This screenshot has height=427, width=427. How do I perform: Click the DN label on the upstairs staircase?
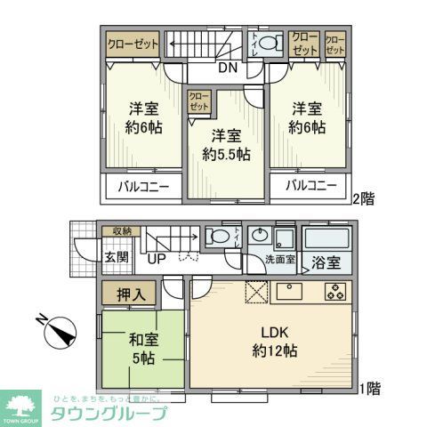click(x=228, y=68)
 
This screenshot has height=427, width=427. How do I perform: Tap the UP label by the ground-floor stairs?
click(x=157, y=261)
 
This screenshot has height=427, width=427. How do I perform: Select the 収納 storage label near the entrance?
click(x=122, y=231)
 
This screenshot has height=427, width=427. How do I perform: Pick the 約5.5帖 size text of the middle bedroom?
click(x=225, y=154)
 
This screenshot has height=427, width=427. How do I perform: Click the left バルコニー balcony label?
click(x=143, y=187)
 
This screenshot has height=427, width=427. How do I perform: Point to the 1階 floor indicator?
click(x=371, y=388)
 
